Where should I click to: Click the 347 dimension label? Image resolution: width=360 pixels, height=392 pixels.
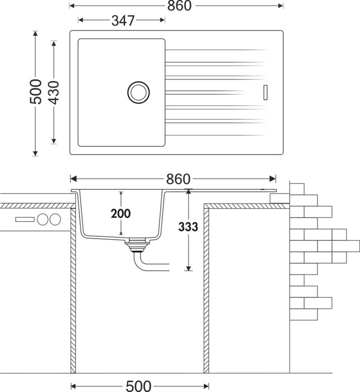coord(123,21)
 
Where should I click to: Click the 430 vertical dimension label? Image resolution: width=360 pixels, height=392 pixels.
coord(54,92)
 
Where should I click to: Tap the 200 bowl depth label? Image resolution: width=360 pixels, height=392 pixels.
coord(120,214)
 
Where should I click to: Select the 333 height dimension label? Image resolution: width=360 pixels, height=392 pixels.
coord(188,227)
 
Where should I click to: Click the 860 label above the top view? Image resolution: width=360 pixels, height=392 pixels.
coord(179,6)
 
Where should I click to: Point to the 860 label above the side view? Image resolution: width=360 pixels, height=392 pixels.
coord(178,179)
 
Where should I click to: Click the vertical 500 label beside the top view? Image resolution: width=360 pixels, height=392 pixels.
coord(36,91)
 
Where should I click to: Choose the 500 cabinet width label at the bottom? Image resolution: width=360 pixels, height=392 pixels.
coord(138,386)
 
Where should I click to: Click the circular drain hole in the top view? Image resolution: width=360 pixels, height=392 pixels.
coord(138,92)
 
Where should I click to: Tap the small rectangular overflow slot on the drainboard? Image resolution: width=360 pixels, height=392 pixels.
coord(265,92)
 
